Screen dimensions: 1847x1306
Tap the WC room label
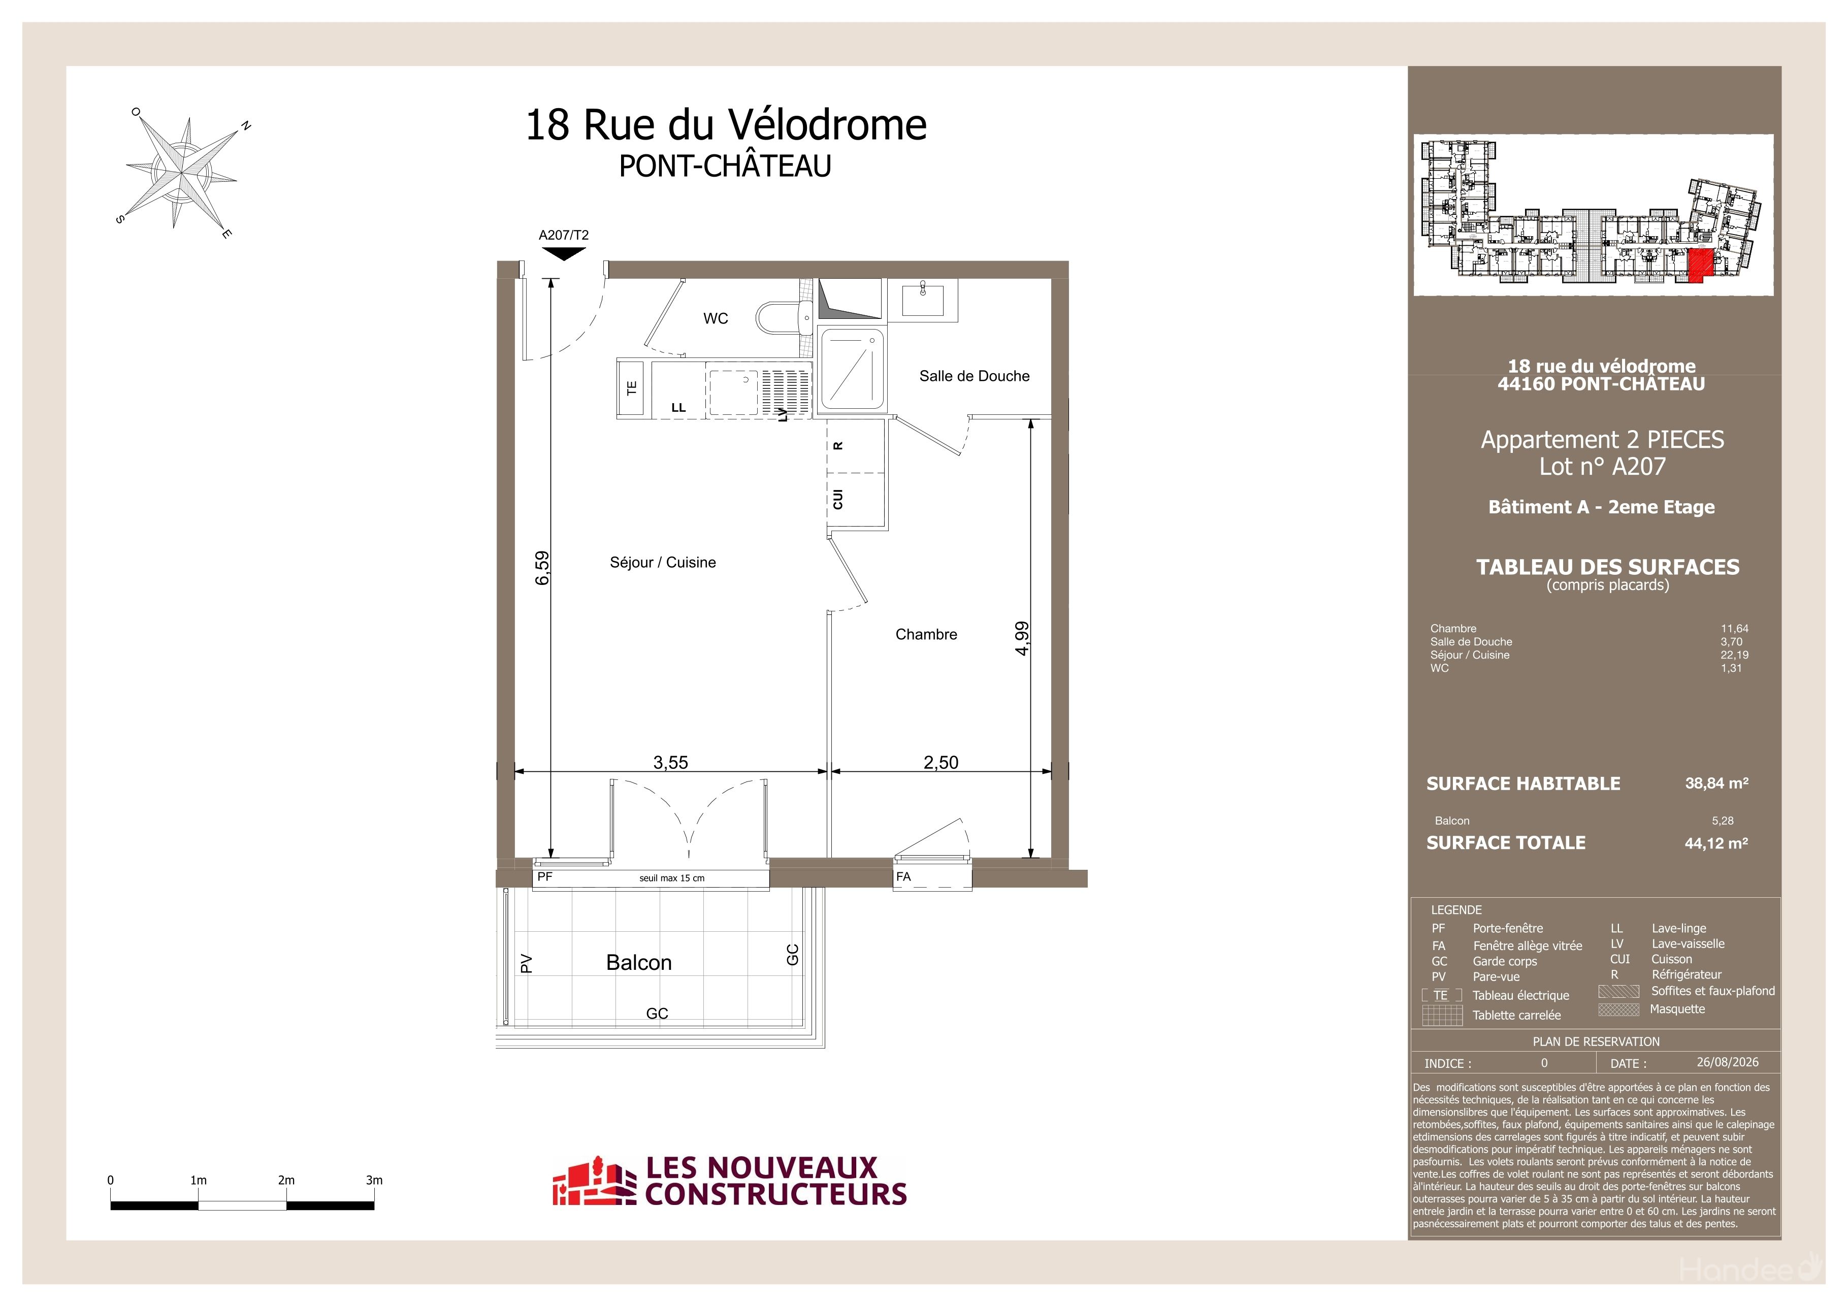pyautogui.click(x=715, y=318)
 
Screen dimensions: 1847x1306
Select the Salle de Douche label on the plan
pyautogui.click(x=974, y=376)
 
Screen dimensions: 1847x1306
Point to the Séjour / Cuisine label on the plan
pyautogui.click(x=662, y=562)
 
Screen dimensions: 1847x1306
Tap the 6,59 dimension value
pyautogui.click(x=542, y=567)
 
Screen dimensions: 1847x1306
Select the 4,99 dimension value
pyautogui.click(x=1021, y=638)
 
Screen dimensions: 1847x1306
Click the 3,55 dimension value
pyautogui.click(x=670, y=762)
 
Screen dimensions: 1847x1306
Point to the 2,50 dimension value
pyautogui.click(x=941, y=762)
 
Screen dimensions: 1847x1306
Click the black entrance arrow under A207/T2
pyautogui.click(x=563, y=253)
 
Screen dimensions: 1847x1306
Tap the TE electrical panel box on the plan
pyautogui.click(x=631, y=387)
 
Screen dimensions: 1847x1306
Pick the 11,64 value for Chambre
pyautogui.click(x=1734, y=628)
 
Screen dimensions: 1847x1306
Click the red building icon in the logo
pyautogui.click(x=588, y=1182)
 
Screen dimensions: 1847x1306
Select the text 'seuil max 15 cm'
pyautogui.click(x=672, y=878)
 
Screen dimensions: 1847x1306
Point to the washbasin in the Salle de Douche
pyautogui.click(x=923, y=300)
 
